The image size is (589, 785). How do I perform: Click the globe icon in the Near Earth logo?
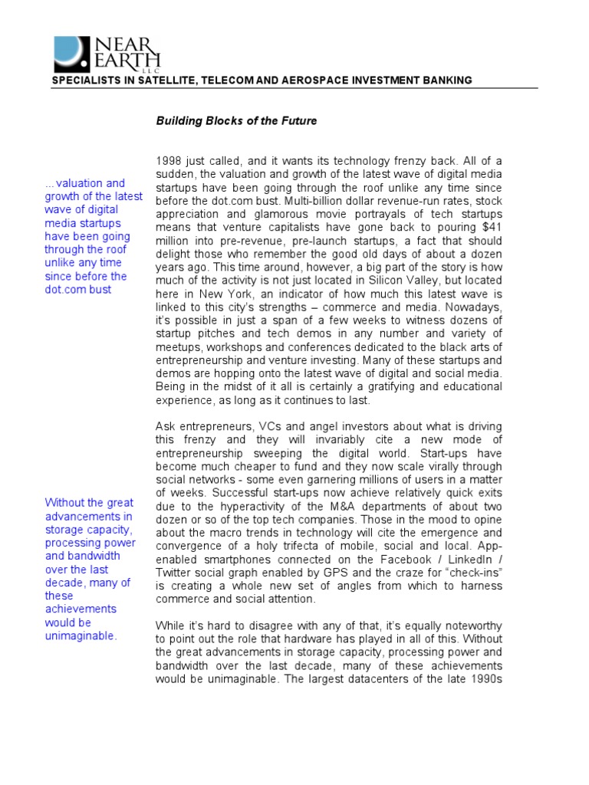[x=71, y=54]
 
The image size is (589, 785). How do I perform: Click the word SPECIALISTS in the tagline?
[x=82, y=80]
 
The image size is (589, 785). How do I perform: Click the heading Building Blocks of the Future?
[x=236, y=121]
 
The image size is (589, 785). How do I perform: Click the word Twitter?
[x=175, y=573]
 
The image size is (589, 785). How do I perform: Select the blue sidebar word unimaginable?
[x=81, y=636]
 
